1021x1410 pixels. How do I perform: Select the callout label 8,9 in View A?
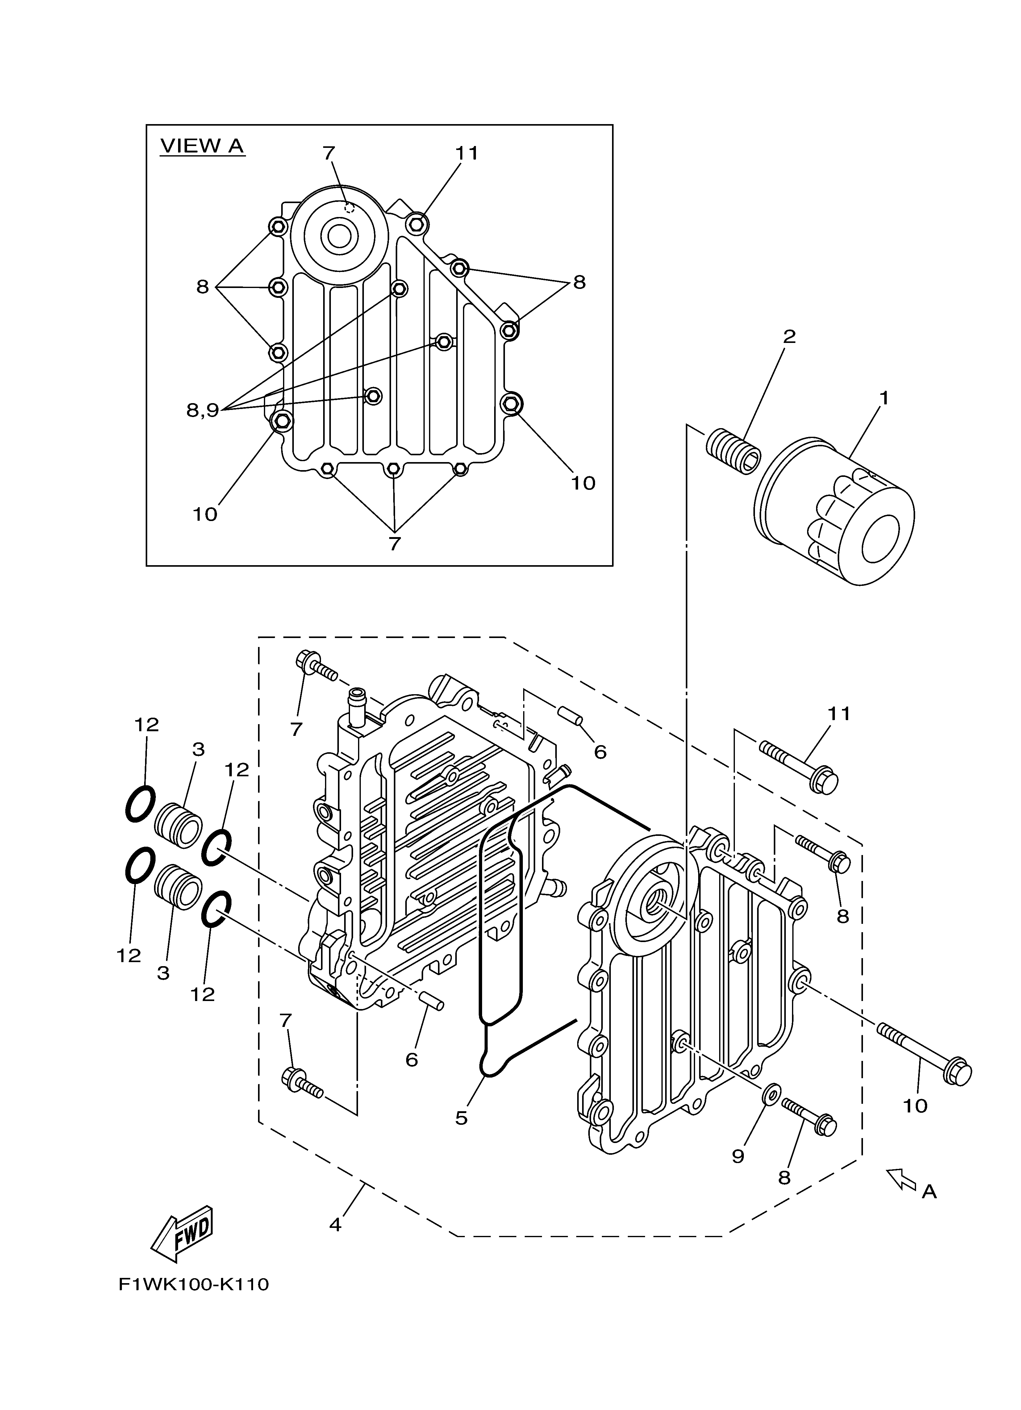pyautogui.click(x=203, y=410)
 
